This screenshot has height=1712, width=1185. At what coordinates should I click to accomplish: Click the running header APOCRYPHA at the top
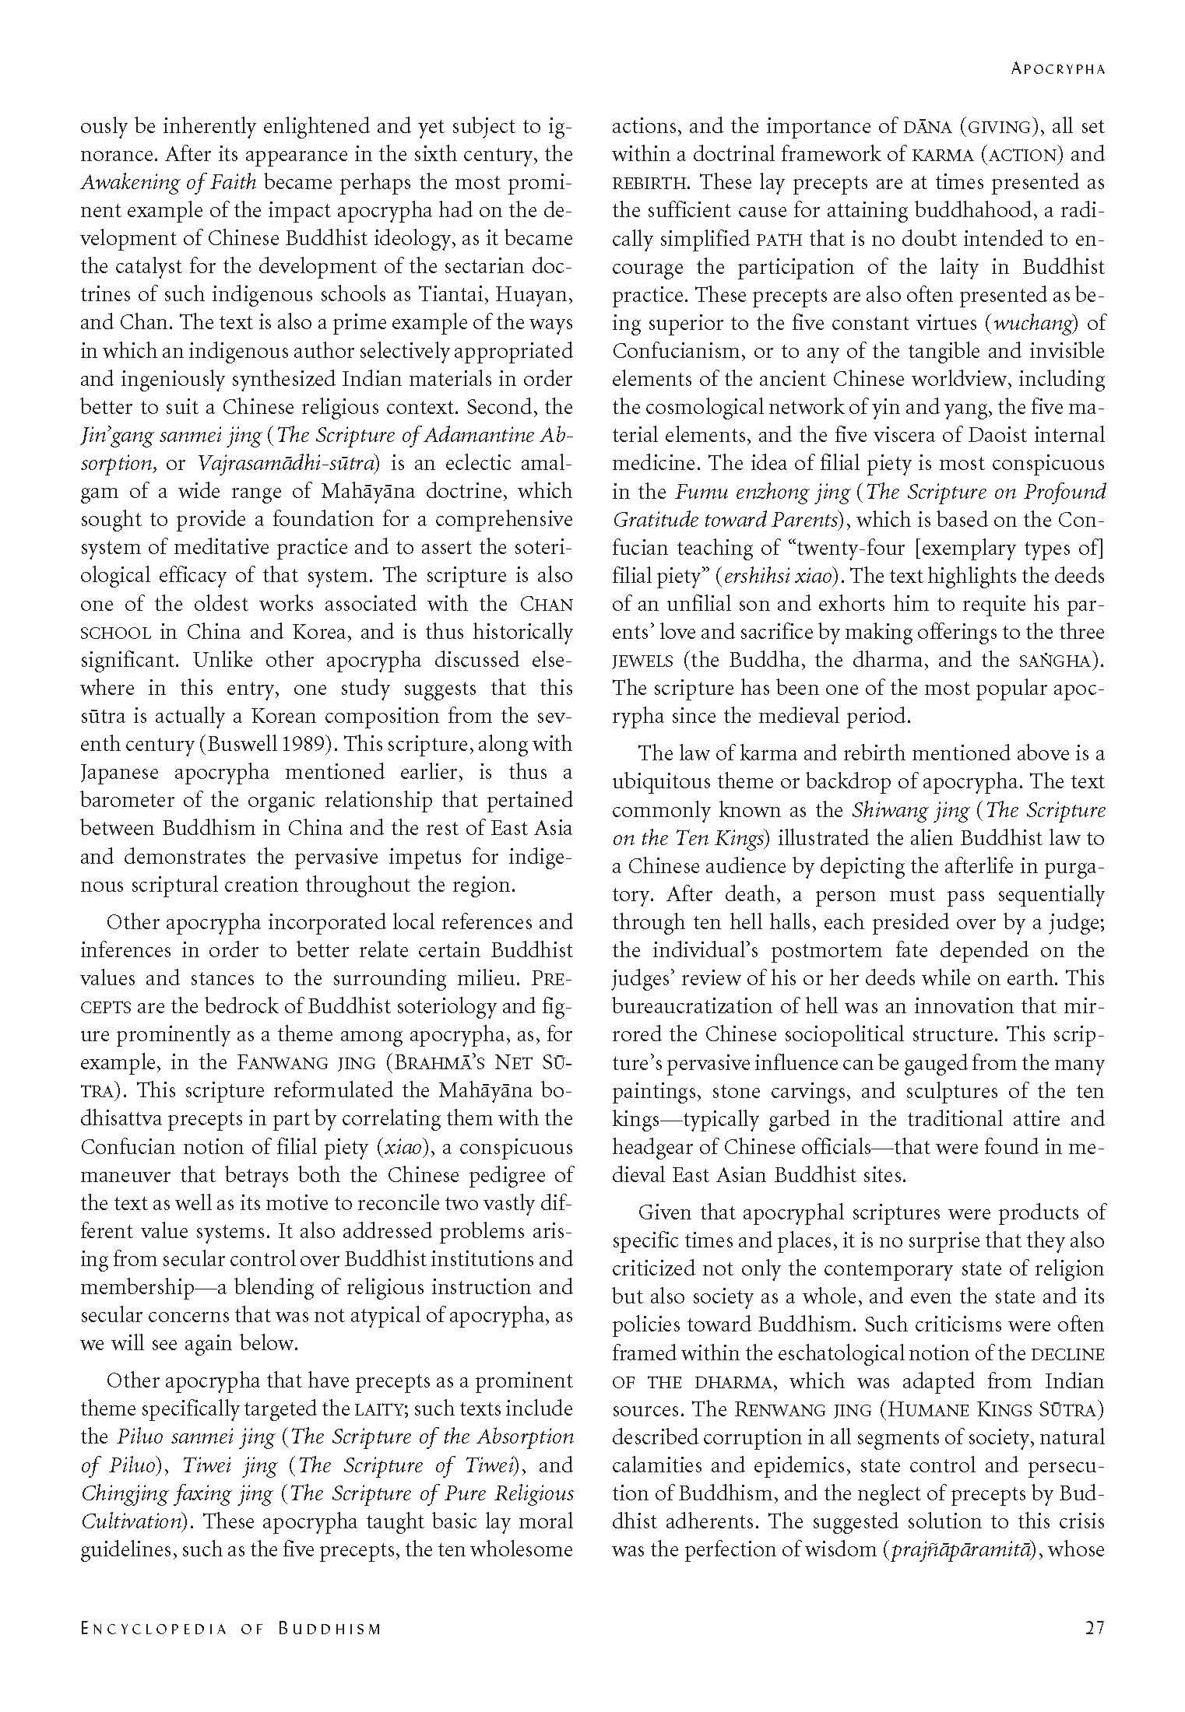point(1058,69)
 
